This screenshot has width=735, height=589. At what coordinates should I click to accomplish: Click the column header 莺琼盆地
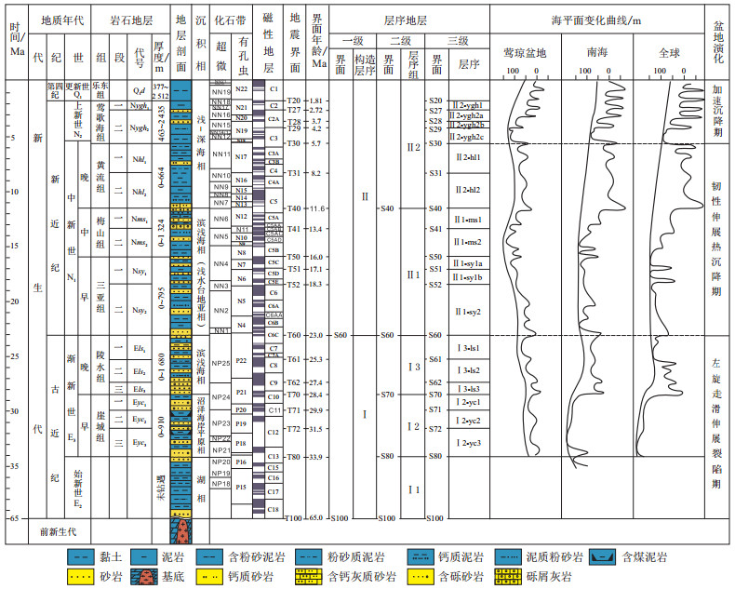(x=525, y=54)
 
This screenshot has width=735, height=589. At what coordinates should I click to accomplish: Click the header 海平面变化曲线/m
(x=595, y=19)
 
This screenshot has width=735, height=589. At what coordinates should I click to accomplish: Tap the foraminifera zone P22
(x=242, y=360)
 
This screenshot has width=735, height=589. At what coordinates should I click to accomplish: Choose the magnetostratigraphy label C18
(x=274, y=509)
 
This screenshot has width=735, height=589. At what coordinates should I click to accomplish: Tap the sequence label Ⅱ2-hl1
(x=468, y=158)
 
